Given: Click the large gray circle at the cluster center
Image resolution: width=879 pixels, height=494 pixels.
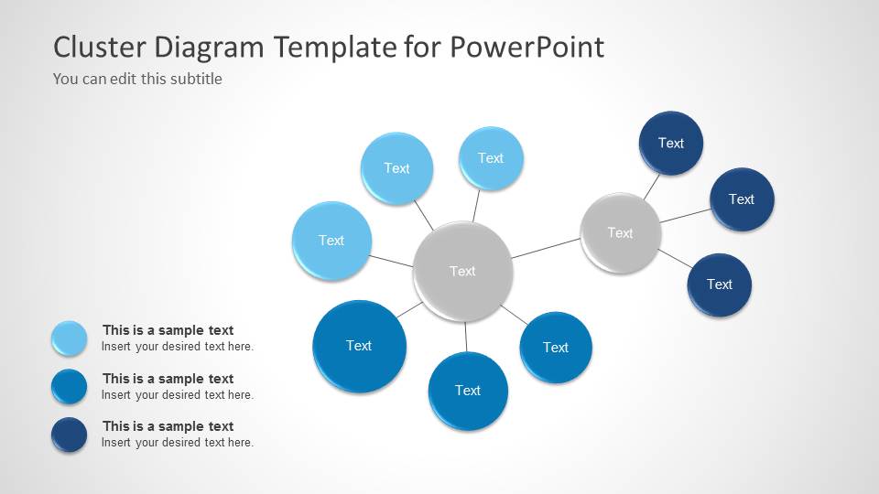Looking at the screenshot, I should [x=462, y=271].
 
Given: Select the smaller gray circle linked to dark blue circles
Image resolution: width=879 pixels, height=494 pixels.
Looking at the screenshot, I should [x=620, y=232].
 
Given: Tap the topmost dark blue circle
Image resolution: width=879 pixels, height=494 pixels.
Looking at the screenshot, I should [x=670, y=143].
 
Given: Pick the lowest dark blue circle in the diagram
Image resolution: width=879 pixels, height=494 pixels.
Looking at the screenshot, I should [x=719, y=285].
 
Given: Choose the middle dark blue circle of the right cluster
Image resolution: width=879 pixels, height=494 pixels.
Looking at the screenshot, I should [x=741, y=199].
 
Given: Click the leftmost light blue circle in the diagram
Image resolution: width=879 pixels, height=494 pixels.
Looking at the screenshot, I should [x=331, y=241].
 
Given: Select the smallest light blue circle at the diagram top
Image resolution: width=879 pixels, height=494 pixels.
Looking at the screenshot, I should [x=490, y=158].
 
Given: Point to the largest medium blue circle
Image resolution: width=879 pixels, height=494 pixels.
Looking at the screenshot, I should [x=358, y=346].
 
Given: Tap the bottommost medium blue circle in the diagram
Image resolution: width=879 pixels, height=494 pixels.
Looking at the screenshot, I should [x=467, y=391].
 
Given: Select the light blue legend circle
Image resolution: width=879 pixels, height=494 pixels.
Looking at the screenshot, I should [x=70, y=338].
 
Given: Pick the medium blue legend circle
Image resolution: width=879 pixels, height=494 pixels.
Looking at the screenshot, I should [x=70, y=386].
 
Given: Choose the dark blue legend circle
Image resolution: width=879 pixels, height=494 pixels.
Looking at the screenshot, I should [x=70, y=435].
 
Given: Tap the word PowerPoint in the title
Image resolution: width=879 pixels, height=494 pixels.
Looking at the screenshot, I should [x=527, y=47].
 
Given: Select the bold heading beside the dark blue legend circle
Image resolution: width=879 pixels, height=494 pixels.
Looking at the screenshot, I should [x=168, y=426].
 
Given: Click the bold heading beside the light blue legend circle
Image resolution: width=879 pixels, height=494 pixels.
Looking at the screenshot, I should [x=168, y=330].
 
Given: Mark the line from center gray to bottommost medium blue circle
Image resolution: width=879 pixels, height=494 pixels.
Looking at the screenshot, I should [x=465, y=337].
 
